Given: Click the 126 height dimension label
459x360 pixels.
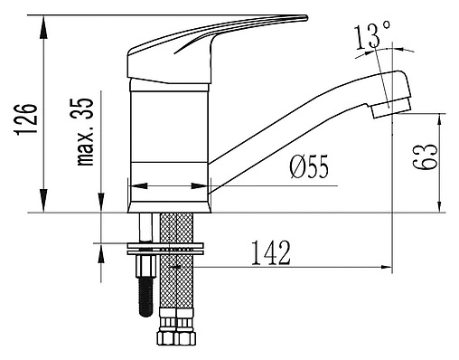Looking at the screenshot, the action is click(26, 119).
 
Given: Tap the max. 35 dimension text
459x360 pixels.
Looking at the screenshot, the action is click(85, 132).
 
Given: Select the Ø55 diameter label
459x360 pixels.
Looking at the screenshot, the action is click(309, 167).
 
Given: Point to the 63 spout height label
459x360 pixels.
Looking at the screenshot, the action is click(425, 156).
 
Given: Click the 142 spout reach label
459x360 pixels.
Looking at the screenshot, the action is click(271, 252).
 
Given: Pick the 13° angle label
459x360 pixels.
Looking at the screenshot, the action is click(372, 36).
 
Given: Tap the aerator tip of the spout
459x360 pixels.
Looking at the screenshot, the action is click(391, 108).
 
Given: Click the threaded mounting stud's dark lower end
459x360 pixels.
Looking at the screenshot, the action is click(146, 297).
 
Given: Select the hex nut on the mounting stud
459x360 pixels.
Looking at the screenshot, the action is click(146, 266).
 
